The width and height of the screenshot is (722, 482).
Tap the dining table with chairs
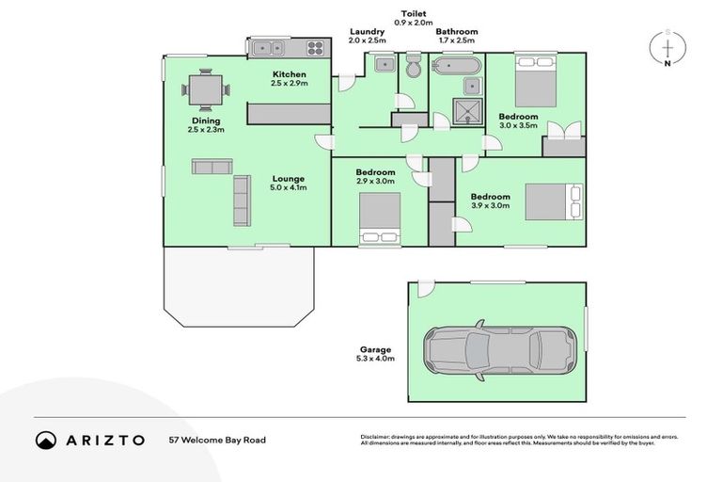pyautogui.click(x=205, y=91)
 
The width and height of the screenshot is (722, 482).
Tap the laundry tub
pyautogui.click(x=384, y=65)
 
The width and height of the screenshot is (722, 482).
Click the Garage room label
pyautogui.click(x=374, y=349)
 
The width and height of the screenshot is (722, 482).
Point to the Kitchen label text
pyautogui.click(x=290, y=74)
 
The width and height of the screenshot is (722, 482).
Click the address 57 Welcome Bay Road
pyautogui.click(x=212, y=440)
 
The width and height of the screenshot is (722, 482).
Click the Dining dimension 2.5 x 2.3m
pyautogui.click(x=206, y=129)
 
